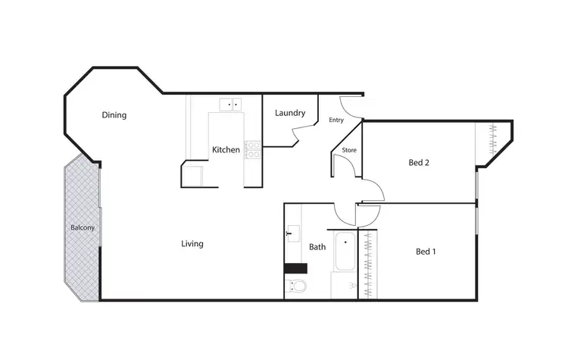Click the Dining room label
[114, 115]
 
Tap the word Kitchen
[226, 150]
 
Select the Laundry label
[290, 114]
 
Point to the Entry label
[336, 121]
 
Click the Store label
[349, 150]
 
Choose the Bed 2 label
[420, 162]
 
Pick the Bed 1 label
[426, 252]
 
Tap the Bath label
[317, 246]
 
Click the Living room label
[192, 244]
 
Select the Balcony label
[82, 227]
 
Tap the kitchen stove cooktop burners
[253, 149]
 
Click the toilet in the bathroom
[298, 286]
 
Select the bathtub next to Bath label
[343, 252]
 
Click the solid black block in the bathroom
[295, 268]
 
